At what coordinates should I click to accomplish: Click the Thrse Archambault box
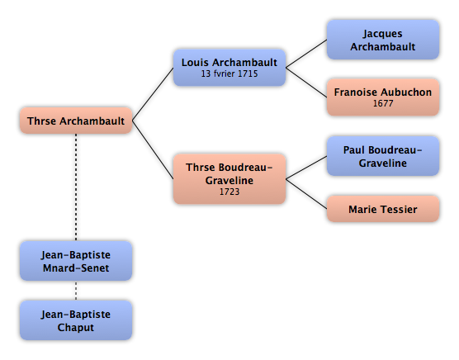(76, 121)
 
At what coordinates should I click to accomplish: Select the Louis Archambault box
(229, 68)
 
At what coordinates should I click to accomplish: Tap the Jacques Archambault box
(383, 40)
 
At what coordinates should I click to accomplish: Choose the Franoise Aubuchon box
(383, 97)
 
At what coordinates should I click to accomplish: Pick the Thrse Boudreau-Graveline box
(229, 179)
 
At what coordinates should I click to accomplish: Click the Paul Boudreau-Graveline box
(383, 156)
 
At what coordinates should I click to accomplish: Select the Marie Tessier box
(383, 209)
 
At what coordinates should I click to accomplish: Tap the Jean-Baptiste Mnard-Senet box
(76, 261)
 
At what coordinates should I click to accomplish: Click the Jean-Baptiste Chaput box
(76, 320)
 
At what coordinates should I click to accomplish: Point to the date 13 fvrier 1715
(229, 73)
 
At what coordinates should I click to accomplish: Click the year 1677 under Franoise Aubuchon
(383, 103)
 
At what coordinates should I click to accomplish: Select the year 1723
(229, 192)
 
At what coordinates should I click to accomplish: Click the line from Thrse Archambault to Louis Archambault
(153, 94)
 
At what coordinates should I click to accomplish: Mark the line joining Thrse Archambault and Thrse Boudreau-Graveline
(153, 149)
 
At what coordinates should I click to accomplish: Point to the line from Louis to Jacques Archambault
(306, 54)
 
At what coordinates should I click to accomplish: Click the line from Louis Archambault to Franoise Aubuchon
(306, 83)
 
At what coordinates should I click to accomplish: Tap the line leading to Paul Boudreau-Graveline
(306, 168)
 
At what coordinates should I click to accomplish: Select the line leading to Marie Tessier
(306, 194)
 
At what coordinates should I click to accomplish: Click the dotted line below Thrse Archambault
(76, 187)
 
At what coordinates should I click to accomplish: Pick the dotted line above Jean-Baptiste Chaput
(76, 291)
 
